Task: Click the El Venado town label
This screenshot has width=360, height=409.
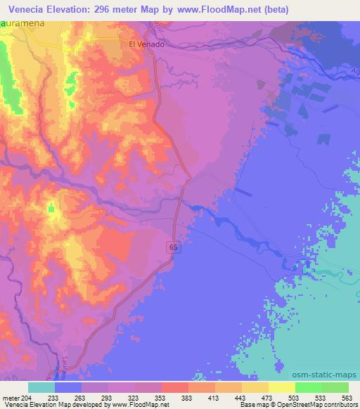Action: click(x=146, y=44)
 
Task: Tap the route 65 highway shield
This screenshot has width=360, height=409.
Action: click(x=172, y=246)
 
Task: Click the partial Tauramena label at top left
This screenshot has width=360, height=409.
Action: click(x=21, y=24)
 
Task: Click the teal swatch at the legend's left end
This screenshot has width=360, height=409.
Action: click(x=41, y=387)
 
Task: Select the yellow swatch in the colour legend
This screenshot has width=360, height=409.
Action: click(x=282, y=387)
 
